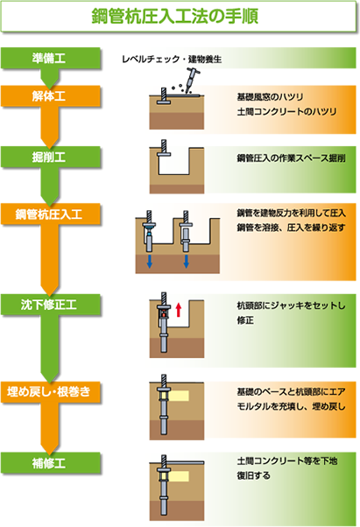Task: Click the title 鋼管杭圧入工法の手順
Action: point(175,16)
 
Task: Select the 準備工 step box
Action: point(51,58)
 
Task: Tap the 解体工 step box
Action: point(51,96)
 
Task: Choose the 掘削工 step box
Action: point(51,157)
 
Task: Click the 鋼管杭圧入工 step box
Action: point(51,214)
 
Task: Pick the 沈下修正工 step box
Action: point(51,305)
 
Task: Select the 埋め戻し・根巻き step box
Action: point(51,392)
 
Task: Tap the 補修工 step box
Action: point(51,463)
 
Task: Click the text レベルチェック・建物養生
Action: point(172,60)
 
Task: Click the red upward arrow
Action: point(179,309)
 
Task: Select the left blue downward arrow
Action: point(150,261)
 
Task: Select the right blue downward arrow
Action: point(186,261)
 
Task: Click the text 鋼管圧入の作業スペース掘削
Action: point(291,158)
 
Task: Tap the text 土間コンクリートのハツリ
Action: point(286,111)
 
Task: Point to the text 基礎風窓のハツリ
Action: point(271,97)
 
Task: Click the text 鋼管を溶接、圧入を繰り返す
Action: point(291,228)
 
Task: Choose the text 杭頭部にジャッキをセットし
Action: point(291,306)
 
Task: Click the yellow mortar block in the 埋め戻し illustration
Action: point(178,396)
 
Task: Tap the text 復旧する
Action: point(253,475)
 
